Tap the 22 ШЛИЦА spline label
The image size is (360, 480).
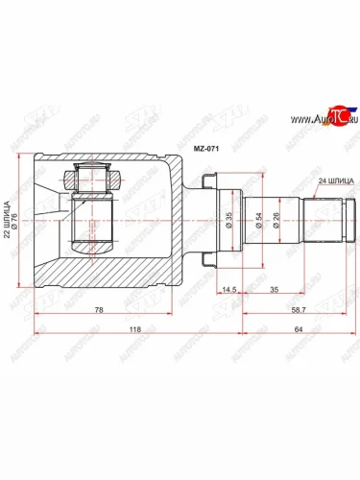click(9, 222)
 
